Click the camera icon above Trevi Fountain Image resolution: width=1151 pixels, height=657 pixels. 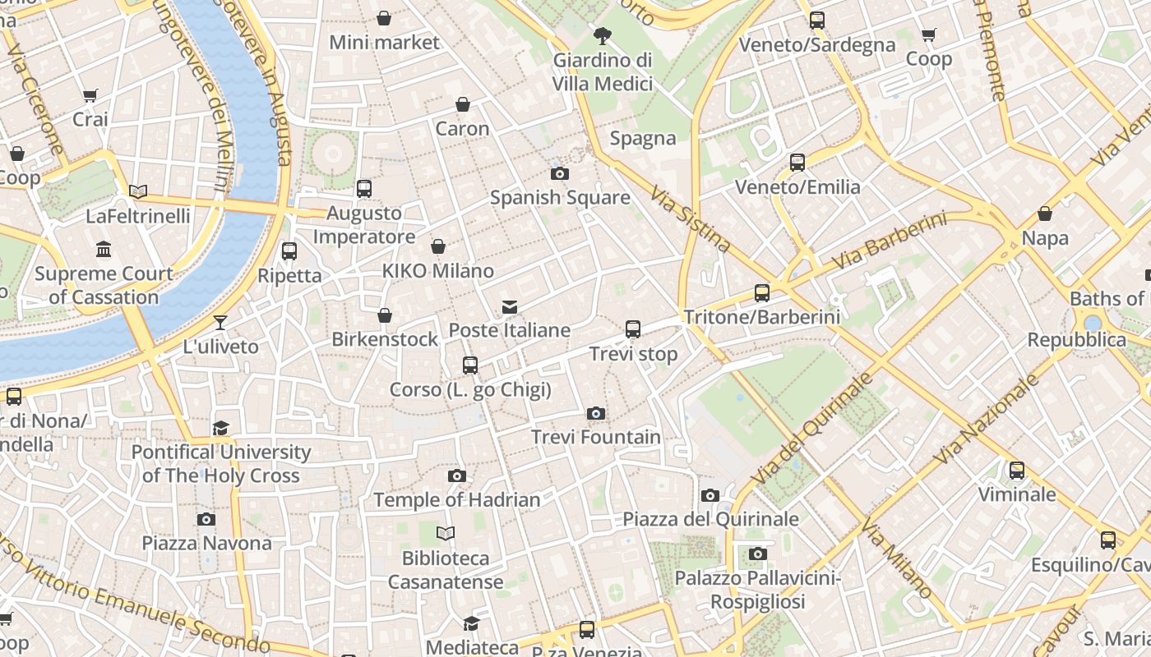coord(596,413)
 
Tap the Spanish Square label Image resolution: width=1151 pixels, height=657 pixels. coord(560,198)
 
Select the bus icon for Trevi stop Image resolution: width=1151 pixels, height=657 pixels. coord(633,329)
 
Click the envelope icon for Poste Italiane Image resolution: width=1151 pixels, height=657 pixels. coord(510,307)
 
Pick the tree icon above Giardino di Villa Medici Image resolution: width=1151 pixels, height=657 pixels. coord(603,35)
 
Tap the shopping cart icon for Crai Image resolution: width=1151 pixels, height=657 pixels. coord(90,95)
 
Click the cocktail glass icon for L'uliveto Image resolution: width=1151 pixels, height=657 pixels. coord(220,322)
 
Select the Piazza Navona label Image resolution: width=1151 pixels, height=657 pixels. coord(206,543)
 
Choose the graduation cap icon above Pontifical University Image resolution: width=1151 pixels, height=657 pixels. coord(220,428)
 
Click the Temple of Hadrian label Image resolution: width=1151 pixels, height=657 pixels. coord(457,499)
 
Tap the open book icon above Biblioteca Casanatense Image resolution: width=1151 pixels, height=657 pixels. coord(446,534)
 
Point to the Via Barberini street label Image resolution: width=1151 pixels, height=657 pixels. coord(889,241)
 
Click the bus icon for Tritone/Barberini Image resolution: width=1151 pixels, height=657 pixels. coord(762,292)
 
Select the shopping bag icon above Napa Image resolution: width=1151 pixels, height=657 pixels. coord(1045,214)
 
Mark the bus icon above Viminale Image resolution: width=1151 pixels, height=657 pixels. coord(1017,471)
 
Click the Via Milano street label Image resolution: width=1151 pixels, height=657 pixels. coord(897,559)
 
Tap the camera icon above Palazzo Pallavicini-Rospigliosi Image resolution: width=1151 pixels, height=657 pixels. coord(758,554)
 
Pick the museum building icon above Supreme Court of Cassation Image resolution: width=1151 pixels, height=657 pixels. coord(104,249)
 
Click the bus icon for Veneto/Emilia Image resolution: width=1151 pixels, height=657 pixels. coord(797,163)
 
